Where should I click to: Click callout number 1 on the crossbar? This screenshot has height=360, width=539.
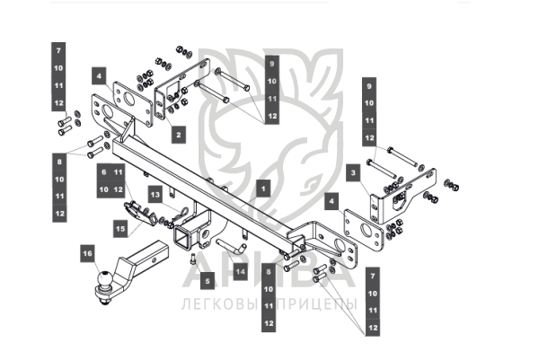pos(262,189)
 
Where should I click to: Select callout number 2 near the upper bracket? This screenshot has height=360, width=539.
pos(178,135)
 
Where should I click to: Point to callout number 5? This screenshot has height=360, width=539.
pos(207,281)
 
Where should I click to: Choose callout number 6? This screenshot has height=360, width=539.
pos(103,171)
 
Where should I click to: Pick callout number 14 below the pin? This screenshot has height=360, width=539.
pos(240,269)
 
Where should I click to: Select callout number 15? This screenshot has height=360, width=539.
pos(121,229)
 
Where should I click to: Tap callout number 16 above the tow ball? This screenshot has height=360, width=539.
pos(87,254)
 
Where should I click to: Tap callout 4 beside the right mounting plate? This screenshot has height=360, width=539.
pos(331,203)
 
